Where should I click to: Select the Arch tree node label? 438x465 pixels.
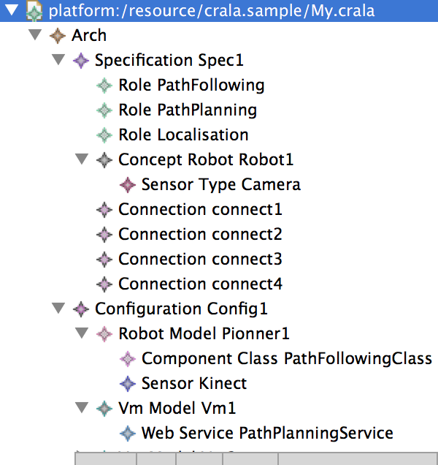(x=89, y=35)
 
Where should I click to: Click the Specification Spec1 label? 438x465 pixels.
(x=169, y=60)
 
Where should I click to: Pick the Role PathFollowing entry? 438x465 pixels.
(x=191, y=85)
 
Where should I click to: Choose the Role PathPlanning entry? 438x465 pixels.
(x=188, y=110)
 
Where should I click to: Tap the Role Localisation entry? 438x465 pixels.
(x=183, y=135)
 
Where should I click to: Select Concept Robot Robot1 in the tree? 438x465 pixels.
(x=206, y=159)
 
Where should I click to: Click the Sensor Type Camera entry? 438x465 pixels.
(x=220, y=184)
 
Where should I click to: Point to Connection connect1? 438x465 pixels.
(x=200, y=209)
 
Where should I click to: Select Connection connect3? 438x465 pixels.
(x=200, y=259)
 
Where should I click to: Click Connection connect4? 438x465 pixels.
(x=200, y=284)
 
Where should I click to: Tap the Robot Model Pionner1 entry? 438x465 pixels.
(x=204, y=333)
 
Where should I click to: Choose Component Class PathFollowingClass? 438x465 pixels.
(x=287, y=358)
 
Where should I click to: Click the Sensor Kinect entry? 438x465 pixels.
(x=194, y=383)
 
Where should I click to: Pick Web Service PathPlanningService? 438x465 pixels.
(x=267, y=433)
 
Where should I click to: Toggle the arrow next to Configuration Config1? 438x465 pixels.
(x=58, y=309)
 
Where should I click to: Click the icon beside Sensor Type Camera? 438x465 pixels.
(x=128, y=184)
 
